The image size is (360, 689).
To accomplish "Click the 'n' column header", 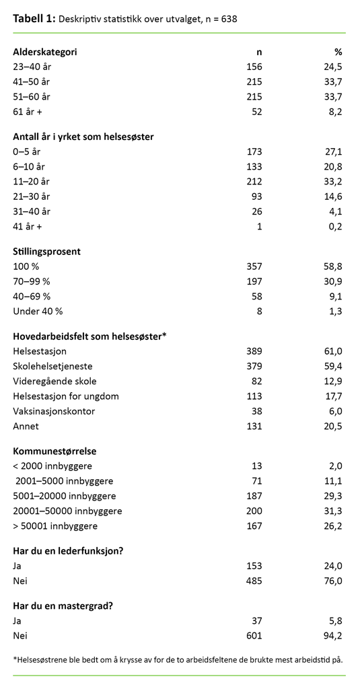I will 258,51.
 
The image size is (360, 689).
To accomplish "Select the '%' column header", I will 338,51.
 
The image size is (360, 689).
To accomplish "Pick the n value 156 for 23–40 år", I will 254,66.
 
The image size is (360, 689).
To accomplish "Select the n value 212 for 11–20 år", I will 254,181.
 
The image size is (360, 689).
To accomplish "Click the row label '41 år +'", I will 28,227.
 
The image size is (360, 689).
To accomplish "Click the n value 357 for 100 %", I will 254,266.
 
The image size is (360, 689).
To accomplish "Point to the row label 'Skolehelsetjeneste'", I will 53,366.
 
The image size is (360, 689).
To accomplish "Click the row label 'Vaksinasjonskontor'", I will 54,411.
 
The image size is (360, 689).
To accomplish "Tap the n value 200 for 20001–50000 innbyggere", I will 254,511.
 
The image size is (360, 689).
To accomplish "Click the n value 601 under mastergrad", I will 254,634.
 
